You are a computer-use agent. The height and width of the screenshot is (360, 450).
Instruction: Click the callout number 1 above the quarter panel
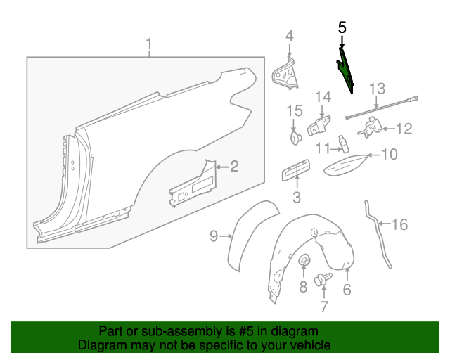149,46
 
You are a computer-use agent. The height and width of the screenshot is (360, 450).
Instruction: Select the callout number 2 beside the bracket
234,167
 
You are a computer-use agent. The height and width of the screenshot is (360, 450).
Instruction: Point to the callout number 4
289,36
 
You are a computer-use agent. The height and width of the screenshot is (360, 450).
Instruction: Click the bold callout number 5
342,28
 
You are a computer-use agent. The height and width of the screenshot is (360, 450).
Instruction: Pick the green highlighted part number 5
346,69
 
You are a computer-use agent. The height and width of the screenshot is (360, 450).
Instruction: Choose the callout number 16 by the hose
399,225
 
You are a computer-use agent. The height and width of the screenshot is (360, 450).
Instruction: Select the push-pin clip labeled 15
295,136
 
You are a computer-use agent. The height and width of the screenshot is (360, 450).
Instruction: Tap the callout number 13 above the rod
378,89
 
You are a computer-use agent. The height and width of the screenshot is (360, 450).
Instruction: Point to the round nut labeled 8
305,262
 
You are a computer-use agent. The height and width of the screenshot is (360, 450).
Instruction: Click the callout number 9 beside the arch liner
214,237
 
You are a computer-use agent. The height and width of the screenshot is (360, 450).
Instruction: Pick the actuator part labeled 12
369,127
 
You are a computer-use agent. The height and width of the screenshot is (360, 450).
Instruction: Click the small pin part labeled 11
343,143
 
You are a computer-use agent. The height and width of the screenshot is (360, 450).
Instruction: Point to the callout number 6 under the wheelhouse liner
347,290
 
